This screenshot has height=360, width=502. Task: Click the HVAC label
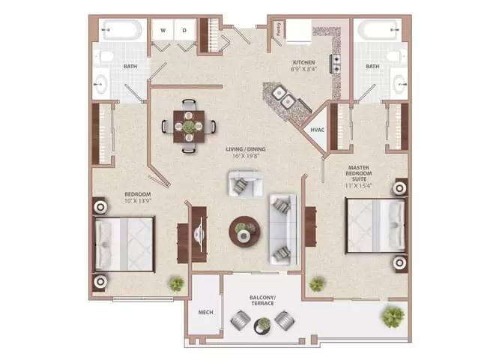point(317,130)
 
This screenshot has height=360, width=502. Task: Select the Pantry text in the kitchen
point(278,32)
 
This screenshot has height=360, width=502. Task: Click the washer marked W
point(163,31)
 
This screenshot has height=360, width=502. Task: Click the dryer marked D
point(184,31)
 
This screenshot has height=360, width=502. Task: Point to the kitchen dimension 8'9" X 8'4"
point(303,70)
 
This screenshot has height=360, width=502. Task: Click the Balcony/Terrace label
point(262,301)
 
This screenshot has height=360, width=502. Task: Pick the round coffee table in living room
point(244,232)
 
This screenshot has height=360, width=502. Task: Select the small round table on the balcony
point(263,324)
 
